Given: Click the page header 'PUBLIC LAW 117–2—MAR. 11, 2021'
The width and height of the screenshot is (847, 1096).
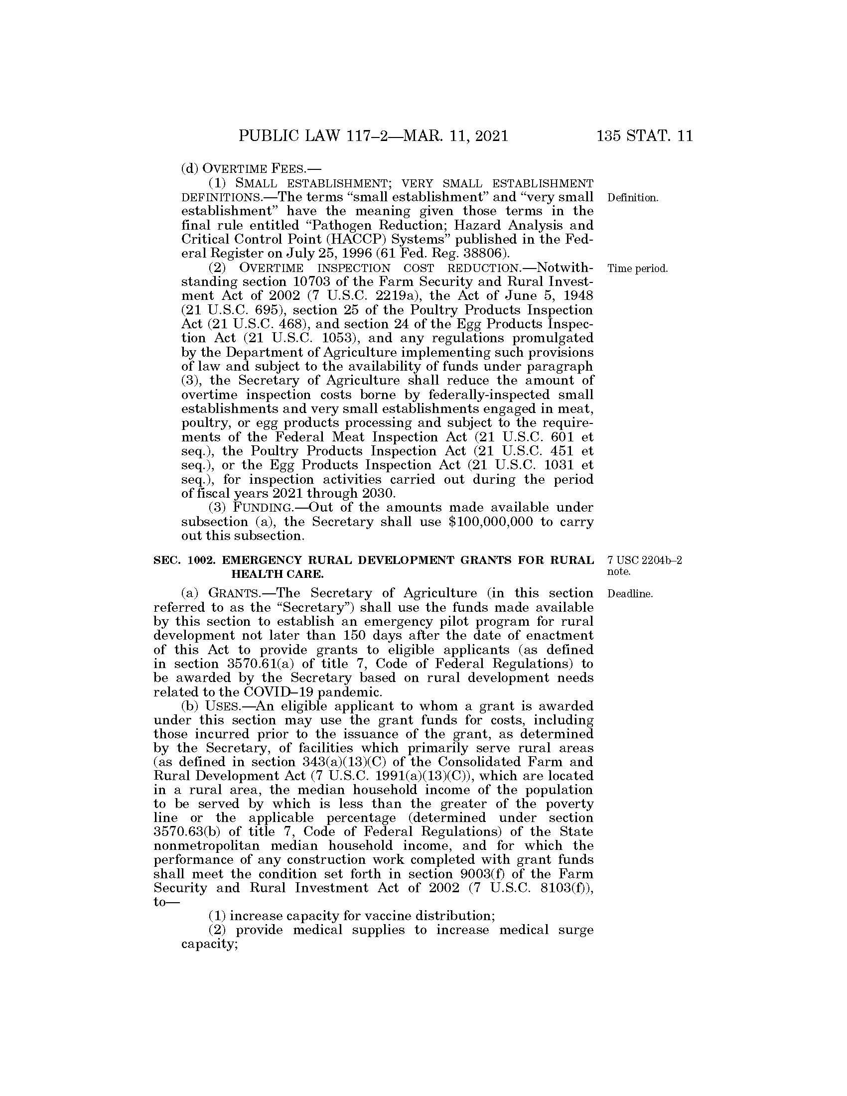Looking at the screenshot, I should (x=373, y=136).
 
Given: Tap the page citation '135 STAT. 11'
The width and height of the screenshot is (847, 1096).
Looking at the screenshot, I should (x=644, y=136).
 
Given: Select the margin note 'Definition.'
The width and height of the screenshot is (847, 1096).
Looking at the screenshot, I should (x=632, y=198).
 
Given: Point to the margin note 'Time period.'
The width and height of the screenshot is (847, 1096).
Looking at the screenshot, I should (x=637, y=269).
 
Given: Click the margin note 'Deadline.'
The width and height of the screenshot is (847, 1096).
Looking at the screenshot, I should (x=630, y=594).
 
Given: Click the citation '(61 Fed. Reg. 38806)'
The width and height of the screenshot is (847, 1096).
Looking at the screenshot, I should (x=432, y=254).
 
